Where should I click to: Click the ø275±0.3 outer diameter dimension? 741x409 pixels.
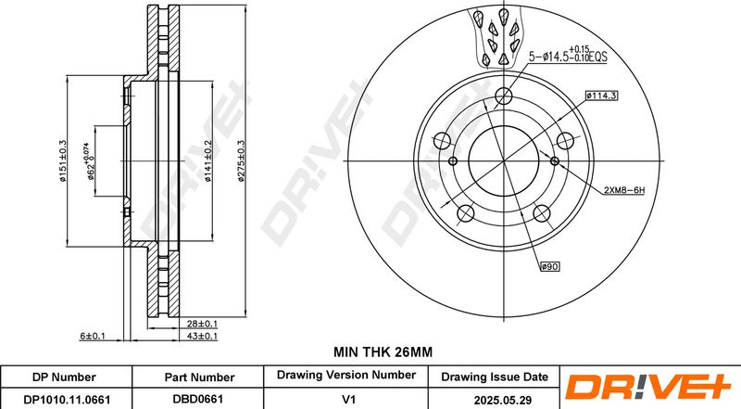pos(241,161)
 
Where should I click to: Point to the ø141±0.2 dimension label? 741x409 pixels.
pos(207,161)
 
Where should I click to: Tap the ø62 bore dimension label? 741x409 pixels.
pos(88,161)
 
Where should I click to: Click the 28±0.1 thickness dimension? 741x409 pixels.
pos(201,324)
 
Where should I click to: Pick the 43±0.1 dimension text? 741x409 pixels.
pos(201,336)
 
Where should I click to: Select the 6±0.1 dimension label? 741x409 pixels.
pos(92,336)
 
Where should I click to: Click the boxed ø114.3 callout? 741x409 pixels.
pos(601,96)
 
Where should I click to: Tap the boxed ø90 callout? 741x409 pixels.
pos(549,267)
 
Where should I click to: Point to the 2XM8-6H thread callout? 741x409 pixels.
pos(624,190)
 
